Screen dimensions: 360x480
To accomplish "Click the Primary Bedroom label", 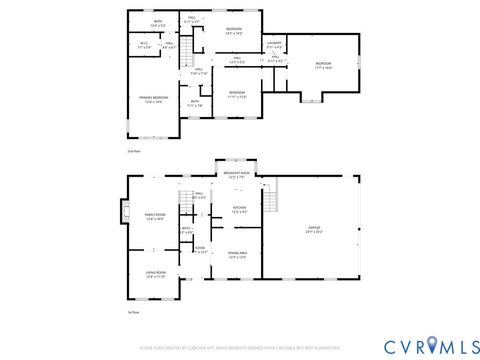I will (152, 98).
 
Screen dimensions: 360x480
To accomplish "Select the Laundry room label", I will (274, 44).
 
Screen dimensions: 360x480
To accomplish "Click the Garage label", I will (313, 231).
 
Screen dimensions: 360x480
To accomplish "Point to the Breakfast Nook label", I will (237, 175).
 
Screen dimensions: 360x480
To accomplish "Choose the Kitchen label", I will (240, 210).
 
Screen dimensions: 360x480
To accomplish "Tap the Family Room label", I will (153, 217).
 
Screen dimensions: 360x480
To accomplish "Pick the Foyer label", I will (200, 250).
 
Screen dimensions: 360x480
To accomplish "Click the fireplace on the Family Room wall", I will (125, 211).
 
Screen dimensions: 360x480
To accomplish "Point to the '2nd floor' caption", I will (133, 152).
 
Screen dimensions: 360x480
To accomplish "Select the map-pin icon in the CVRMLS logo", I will (435, 345).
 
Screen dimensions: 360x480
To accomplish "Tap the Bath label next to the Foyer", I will (186, 231).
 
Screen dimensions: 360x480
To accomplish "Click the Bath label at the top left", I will (159, 23).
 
